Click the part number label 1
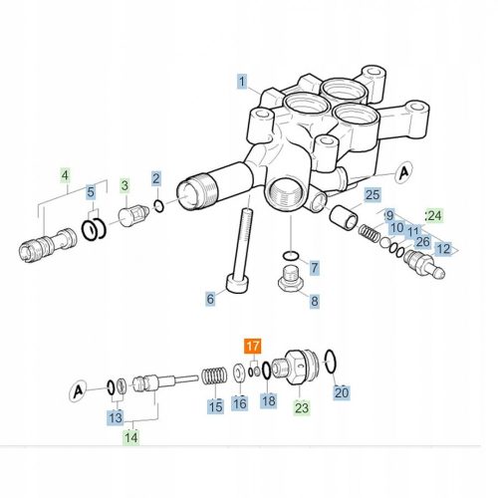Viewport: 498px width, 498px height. click(x=240, y=80)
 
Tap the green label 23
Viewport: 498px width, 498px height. click(x=302, y=406)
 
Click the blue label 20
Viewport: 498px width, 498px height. click(x=342, y=392)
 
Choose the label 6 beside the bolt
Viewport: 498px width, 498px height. click(x=210, y=298)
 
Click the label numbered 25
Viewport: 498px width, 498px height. click(x=372, y=195)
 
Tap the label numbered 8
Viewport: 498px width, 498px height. click(x=315, y=300)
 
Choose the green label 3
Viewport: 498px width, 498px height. click(x=124, y=184)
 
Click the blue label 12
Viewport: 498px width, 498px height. click(x=443, y=248)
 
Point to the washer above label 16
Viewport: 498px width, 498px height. click(x=239, y=373)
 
